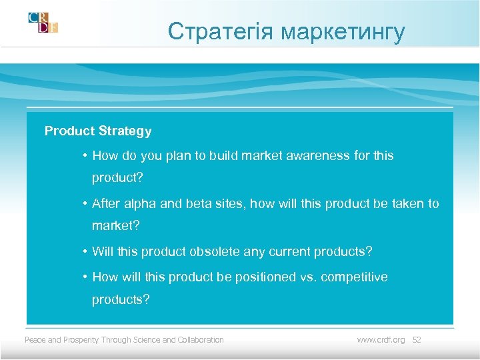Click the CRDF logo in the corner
[43, 23]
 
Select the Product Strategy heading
[98, 131]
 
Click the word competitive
[354, 277]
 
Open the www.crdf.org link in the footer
[381, 340]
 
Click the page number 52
[417, 340]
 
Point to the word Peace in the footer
[35, 340]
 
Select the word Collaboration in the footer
[201, 340]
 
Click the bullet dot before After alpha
[85, 204]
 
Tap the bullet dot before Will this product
[85, 252]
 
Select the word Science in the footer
[145, 340]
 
